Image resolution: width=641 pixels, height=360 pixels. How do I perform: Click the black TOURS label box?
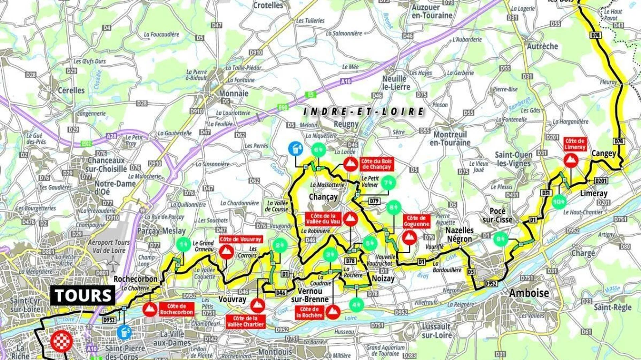[83, 296]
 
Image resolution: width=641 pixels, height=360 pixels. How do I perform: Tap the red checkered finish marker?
[61, 341]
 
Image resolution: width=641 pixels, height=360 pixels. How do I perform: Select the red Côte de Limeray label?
[575, 144]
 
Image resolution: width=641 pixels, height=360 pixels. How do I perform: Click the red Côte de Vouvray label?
[240, 239]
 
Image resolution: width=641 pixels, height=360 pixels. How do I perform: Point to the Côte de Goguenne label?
[416, 221]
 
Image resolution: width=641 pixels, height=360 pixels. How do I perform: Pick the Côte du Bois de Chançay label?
[376, 164]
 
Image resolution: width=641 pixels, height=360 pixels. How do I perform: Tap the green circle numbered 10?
[559, 202]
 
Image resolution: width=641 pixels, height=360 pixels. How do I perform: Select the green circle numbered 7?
[388, 183]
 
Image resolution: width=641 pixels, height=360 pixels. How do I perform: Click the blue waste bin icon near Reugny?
[296, 149]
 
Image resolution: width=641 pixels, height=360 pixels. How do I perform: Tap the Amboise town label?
[529, 293]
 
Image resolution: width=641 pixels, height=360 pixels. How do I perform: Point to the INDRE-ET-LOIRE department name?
[364, 112]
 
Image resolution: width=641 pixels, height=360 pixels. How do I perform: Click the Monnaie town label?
[234, 93]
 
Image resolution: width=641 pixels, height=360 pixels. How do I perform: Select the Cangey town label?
[604, 153]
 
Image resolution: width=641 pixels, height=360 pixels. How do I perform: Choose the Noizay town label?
[383, 278]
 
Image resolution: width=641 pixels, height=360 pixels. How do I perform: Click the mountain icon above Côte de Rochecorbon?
[150, 310]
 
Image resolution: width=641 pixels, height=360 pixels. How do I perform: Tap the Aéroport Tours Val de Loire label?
[109, 246]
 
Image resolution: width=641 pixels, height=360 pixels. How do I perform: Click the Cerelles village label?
[71, 90]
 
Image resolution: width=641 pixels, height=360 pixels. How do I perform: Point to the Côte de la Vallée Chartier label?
[245, 321]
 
